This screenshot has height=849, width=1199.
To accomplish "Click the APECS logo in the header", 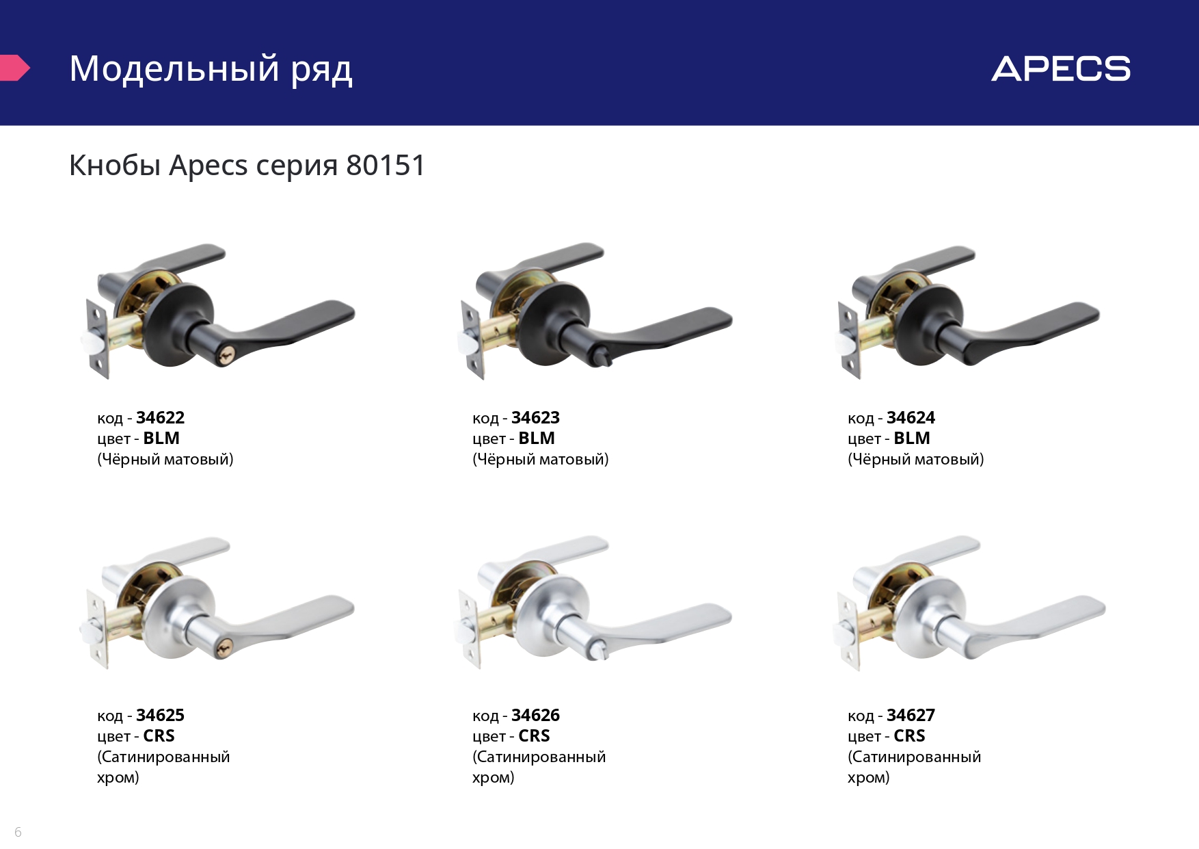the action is coord(1061,69).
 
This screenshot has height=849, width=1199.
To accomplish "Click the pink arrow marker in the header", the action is coord(14,68).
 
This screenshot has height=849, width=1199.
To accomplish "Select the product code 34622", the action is coord(160,417).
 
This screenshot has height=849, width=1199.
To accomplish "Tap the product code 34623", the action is coord(535,417).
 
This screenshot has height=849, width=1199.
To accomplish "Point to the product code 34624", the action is coord(911,417).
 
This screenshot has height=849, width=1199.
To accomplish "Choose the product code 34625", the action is coord(160,715).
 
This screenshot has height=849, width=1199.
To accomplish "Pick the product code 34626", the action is coord(535,715).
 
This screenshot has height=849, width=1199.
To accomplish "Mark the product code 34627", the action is coord(911,715).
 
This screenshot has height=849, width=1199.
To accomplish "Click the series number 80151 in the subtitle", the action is coord(386,166).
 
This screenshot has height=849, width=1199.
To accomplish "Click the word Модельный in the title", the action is coord(174,69).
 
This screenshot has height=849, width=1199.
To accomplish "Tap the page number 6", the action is coord(18,832).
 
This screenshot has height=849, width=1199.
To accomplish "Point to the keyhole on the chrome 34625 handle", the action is coord(223,648).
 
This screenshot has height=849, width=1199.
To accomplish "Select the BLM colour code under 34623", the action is coord(537,438).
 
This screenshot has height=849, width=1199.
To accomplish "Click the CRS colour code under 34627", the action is coord(909,735).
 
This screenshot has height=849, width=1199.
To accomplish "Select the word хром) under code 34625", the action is coord(118,778).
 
